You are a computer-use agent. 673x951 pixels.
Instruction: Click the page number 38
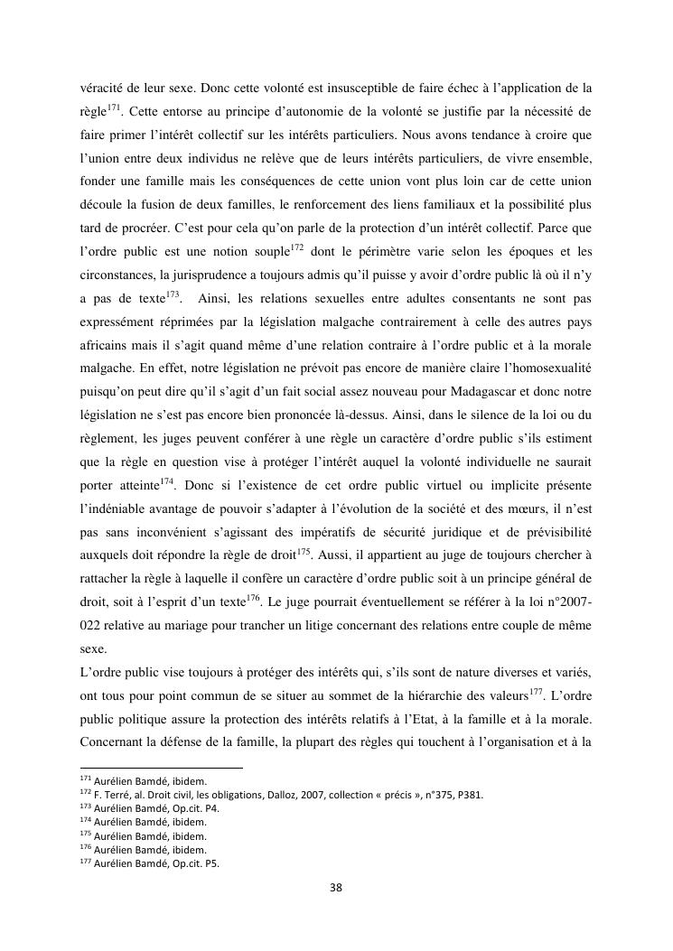point(336,887)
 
